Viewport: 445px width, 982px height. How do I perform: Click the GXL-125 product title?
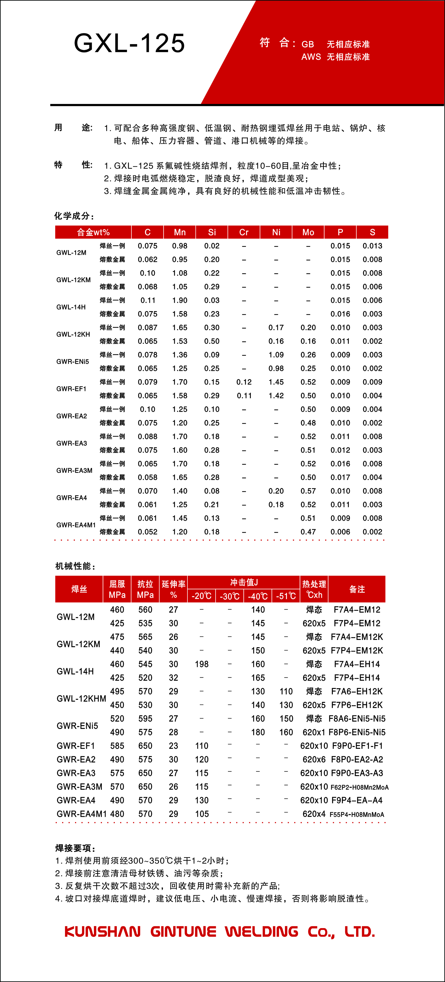coord(129,43)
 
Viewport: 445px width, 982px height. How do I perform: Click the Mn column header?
coord(179,232)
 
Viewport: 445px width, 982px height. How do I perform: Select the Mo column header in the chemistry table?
coord(308,232)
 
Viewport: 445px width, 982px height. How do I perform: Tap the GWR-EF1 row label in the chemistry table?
coord(71,389)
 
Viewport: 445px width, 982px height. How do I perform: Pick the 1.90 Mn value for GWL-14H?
coord(179,301)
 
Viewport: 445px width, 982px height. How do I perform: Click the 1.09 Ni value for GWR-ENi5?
coord(276,355)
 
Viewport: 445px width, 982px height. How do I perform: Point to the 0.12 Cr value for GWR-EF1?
coord(244,382)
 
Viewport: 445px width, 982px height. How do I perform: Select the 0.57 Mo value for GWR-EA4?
coord(308,491)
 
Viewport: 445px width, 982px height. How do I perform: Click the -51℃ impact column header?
coord(286,596)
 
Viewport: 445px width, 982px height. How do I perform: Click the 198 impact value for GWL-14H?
coord(202,664)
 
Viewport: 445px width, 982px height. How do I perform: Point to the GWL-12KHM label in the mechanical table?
coord(81,698)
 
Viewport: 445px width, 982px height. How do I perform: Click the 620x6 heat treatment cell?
coord(314,759)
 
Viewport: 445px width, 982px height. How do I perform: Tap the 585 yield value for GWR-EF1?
coord(117,746)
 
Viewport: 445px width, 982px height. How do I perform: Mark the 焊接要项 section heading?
coord(75,848)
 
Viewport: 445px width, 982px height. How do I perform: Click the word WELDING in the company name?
coord(261,932)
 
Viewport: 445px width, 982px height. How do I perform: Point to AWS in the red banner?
coord(311,57)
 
